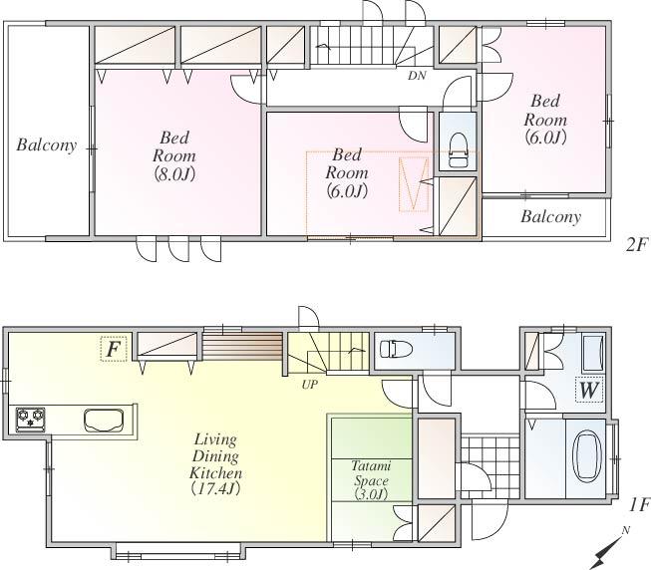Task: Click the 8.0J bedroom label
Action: pyautogui.click(x=173, y=156)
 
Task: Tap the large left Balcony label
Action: pyautogui.click(x=46, y=145)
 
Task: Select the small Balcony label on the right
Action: pyautogui.click(x=550, y=216)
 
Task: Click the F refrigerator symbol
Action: pyautogui.click(x=113, y=350)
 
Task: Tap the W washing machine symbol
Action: pyautogui.click(x=588, y=390)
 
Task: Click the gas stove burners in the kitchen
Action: pyautogui.click(x=30, y=419)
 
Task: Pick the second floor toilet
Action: pyautogui.click(x=458, y=150)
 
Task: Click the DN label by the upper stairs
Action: pyautogui.click(x=417, y=75)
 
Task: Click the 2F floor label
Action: pyautogui.click(x=636, y=244)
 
